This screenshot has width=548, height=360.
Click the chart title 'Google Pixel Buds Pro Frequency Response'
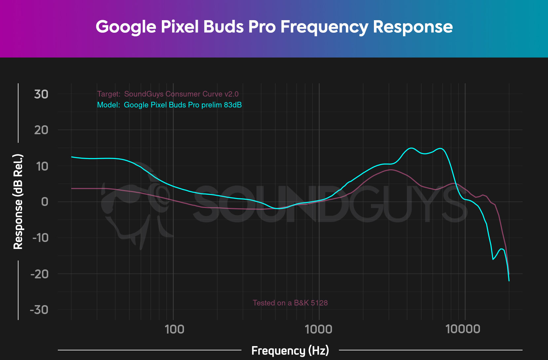point(274,27)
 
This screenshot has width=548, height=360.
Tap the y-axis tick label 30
point(41,95)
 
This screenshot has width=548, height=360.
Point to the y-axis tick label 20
point(41,130)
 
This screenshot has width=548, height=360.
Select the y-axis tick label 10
point(42,166)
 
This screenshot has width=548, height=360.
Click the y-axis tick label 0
point(45,202)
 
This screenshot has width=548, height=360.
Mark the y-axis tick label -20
point(39,274)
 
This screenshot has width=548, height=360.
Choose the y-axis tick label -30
point(39,310)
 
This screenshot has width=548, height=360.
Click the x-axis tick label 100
point(174,329)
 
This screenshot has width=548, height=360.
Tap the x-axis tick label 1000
point(319,329)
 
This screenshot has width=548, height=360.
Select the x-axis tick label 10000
point(463,329)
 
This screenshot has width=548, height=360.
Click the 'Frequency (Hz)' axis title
point(290,350)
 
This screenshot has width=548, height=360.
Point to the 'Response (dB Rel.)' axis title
point(18,201)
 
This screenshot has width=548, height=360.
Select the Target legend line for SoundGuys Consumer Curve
point(168,94)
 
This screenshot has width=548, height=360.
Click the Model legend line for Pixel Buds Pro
point(169,105)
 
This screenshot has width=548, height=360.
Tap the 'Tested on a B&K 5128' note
point(290,303)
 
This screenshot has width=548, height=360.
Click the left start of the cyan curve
point(72,157)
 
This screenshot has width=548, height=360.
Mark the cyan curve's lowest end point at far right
point(509,281)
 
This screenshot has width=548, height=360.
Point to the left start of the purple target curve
point(72,188)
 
